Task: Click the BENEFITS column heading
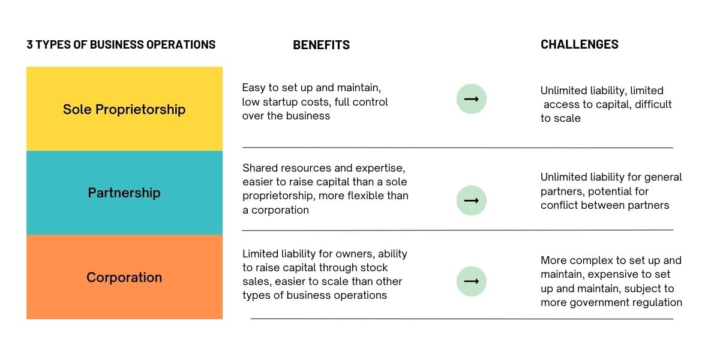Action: [x=321, y=45]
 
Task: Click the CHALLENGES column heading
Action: [x=579, y=44]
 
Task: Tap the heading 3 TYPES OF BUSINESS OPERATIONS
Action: [x=121, y=44]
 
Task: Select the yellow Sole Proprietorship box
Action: [x=124, y=109]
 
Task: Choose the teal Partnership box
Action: [x=124, y=193]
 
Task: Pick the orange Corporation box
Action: [x=124, y=277]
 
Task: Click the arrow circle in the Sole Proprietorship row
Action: [x=471, y=100]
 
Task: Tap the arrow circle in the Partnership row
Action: [x=471, y=200]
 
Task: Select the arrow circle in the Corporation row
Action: [x=471, y=281]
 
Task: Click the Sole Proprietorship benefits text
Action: [x=315, y=102]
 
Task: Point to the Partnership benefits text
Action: [x=325, y=189]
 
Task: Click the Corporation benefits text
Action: [x=324, y=275]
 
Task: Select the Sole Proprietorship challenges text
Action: [x=605, y=104]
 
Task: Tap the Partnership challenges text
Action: [x=611, y=191]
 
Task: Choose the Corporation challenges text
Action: [x=611, y=281]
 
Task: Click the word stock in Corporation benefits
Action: [x=373, y=268]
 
